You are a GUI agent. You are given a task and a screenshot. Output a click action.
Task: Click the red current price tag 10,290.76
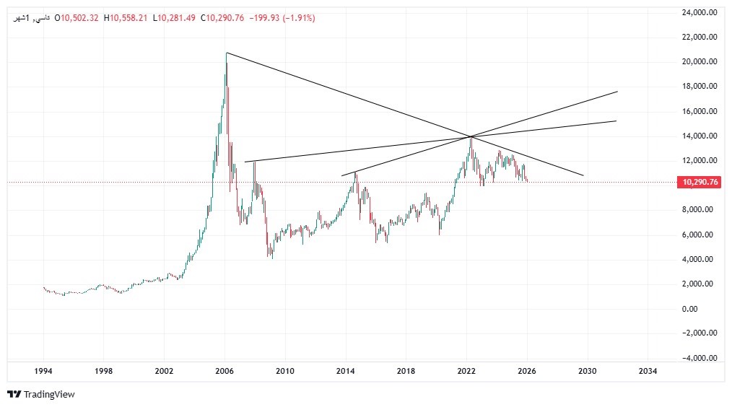pos(699,183)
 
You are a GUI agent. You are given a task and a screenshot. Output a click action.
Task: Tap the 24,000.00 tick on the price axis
pos(700,12)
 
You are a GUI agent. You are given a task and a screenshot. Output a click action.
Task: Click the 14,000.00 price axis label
pos(700,136)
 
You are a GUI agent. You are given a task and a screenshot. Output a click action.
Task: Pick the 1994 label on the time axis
pos(43,371)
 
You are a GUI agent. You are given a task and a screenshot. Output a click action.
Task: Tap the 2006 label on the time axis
pos(225,371)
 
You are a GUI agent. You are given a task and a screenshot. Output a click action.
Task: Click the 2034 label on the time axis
pos(648,371)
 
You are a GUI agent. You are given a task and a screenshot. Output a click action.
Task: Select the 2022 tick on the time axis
pos(466,371)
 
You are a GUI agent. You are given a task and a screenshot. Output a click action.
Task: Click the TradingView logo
pos(41,395)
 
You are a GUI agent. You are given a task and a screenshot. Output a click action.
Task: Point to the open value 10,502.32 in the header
pos(81,18)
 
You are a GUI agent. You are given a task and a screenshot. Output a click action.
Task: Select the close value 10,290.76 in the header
pos(225,18)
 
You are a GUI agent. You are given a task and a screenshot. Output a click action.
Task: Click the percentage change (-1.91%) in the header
pos(294,18)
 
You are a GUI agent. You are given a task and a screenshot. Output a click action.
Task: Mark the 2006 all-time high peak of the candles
pos(227,53)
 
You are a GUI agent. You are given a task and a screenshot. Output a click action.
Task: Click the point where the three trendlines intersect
pos(471,136)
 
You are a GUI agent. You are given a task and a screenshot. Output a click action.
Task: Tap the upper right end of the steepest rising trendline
pos(618,92)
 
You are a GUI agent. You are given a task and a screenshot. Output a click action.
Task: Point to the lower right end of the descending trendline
pos(583,175)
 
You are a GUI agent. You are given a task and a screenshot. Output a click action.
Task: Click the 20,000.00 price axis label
pos(700,61)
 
